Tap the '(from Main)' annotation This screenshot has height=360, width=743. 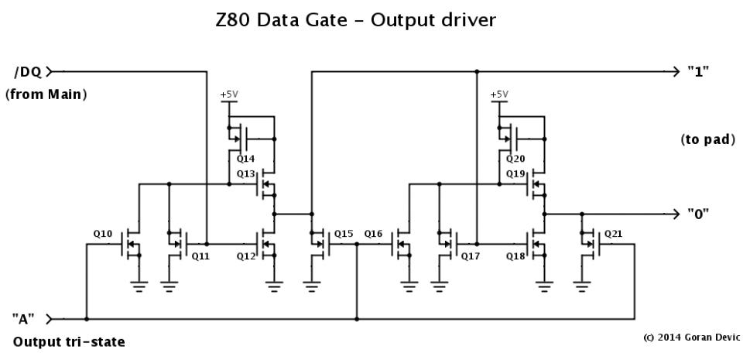click(45, 95)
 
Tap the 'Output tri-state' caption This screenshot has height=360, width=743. click(68, 341)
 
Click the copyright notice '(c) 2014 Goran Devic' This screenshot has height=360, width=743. click(691, 338)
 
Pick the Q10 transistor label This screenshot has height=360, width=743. click(103, 233)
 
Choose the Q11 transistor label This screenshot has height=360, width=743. click(200, 255)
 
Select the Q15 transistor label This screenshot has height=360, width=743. click(344, 233)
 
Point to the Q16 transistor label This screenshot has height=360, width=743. click(373, 233)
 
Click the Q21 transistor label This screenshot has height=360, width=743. click(614, 233)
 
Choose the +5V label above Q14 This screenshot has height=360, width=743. click(229, 94)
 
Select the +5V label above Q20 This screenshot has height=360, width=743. click(499, 94)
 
